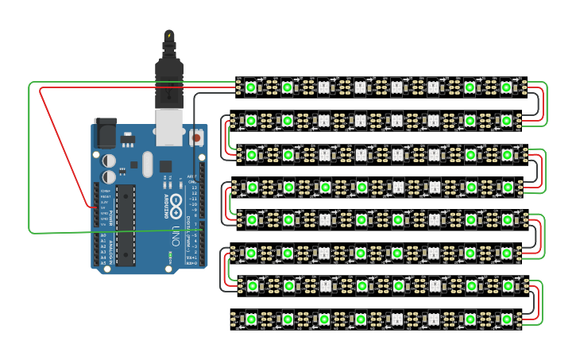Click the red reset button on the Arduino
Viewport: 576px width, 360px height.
pos(196,137)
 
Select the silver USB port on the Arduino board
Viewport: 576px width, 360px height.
pos(169,127)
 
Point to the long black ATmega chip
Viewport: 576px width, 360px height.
pos(126,224)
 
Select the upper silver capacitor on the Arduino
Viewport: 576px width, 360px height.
pos(110,161)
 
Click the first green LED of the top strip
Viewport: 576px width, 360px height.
pos(250,87)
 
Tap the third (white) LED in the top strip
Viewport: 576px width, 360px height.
pos(323,87)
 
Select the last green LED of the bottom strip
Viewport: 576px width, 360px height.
pos(507,319)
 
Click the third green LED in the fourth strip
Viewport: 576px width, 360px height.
pos(325,187)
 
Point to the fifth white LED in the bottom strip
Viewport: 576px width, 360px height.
pos(397,319)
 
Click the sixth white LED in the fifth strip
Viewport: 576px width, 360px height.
pos(434,219)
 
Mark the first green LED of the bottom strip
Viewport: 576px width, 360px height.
pos(250,319)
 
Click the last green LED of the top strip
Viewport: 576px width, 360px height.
pos(506,87)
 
